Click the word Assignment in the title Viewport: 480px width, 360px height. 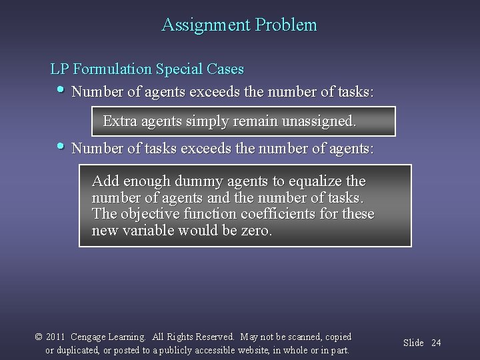click(x=206, y=26)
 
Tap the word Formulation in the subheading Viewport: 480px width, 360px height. click(x=113, y=69)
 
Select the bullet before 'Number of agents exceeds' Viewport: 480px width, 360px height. click(x=61, y=89)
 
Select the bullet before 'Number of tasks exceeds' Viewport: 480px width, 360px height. click(x=61, y=146)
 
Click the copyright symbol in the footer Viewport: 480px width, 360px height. click(x=38, y=337)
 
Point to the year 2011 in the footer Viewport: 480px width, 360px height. click(x=56, y=337)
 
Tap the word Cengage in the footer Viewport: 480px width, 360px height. click(x=91, y=337)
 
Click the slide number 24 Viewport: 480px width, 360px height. click(x=437, y=343)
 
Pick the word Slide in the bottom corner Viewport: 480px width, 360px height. click(x=414, y=343)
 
